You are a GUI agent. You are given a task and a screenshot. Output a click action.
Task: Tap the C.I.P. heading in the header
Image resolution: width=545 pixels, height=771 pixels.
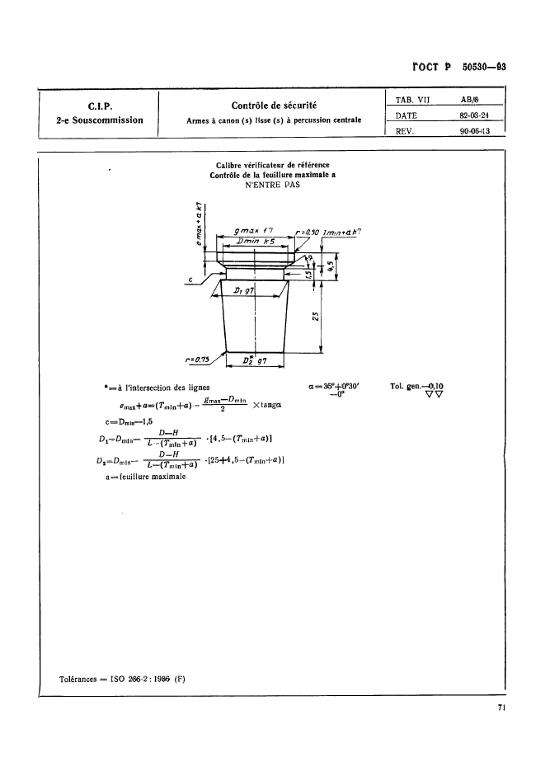(x=99, y=105)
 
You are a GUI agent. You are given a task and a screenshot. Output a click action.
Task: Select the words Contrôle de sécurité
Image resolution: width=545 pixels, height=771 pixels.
(x=275, y=105)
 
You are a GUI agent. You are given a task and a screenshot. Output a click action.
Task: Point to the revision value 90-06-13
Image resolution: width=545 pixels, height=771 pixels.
(x=475, y=129)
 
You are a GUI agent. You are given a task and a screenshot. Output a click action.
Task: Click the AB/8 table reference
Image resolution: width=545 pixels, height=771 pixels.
(x=470, y=99)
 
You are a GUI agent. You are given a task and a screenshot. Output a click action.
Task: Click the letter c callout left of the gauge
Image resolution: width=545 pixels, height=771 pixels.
(x=190, y=280)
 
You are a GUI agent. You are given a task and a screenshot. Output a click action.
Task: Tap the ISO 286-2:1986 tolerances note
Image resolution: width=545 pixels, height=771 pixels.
(x=124, y=679)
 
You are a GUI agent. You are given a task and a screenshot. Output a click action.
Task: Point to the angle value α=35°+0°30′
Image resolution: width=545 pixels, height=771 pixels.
(x=335, y=387)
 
